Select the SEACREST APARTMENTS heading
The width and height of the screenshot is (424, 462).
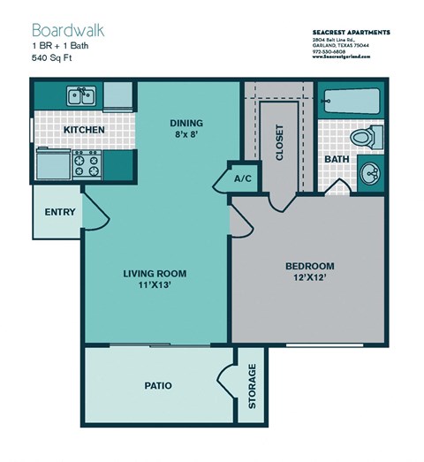(x=352, y=32)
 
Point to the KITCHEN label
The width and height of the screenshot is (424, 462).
(x=85, y=130)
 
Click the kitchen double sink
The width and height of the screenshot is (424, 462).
(x=81, y=95)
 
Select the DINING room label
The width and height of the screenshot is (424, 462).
(x=186, y=123)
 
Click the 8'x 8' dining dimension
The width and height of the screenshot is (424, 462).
(x=186, y=136)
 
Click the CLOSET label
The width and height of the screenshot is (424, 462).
(x=280, y=141)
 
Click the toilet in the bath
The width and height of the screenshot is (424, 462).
(x=364, y=137)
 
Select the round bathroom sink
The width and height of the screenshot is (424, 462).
(x=370, y=172)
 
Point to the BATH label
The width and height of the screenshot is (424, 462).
(x=337, y=160)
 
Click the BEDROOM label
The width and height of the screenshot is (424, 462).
(x=309, y=266)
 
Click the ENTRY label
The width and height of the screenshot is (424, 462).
(x=59, y=213)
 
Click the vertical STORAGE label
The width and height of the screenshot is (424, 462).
(x=252, y=386)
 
